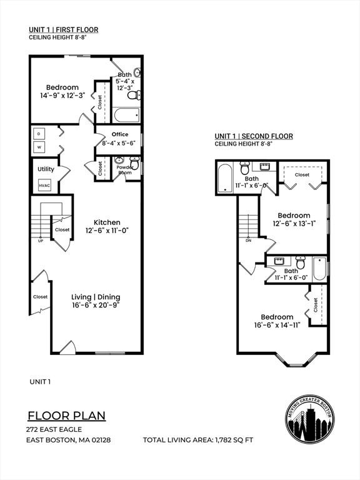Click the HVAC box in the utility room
coord(44,185)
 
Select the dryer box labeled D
coord(38,134)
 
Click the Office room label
coord(120,134)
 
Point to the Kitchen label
coord(107,222)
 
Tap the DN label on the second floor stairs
coord(248,240)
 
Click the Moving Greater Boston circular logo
coord(310,418)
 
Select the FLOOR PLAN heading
coord(66,416)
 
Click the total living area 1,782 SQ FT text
coord(198,440)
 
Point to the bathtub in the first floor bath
coord(127,114)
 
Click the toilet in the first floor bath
coord(133,95)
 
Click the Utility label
coord(46,169)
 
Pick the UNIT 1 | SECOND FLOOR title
coord(254,136)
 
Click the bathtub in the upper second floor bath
coord(226,179)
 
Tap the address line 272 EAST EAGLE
coord(54,429)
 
